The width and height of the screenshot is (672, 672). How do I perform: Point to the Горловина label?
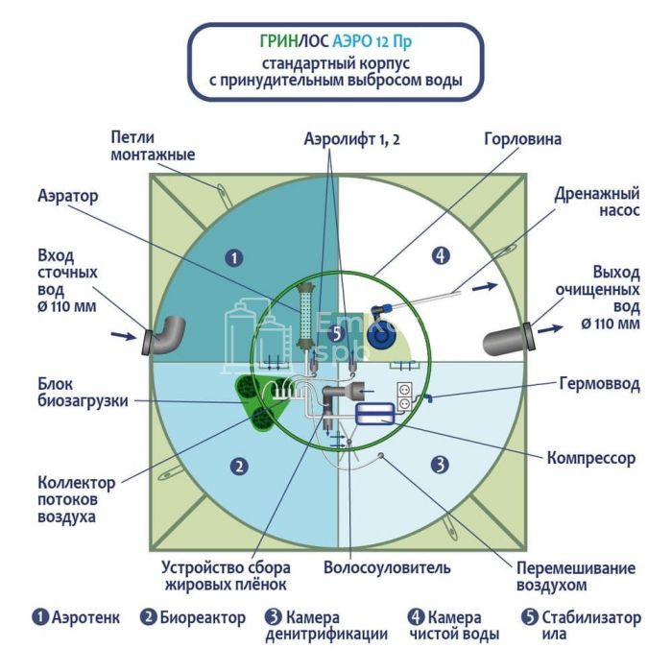pos(522,139)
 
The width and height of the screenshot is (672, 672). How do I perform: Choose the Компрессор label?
pos(590,458)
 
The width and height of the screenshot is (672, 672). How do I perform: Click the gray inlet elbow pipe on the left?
pos(168,334)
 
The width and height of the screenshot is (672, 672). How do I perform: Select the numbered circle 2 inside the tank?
pos(240,467)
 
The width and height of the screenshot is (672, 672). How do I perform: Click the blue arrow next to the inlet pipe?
pos(123,335)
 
